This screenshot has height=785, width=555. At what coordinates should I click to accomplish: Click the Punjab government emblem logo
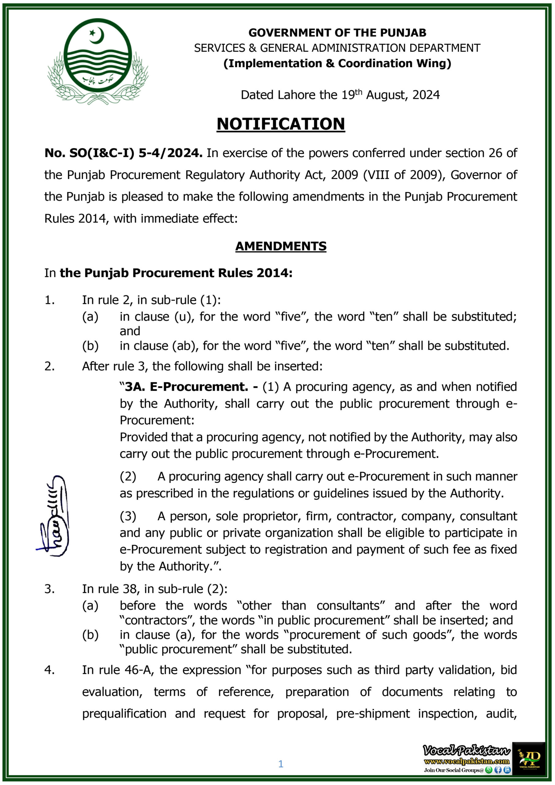(x=98, y=62)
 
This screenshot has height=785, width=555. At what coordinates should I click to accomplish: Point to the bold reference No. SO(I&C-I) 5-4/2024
(x=123, y=153)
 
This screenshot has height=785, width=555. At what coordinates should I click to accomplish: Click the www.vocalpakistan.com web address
(x=466, y=761)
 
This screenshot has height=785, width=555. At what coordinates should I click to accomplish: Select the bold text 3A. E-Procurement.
(x=186, y=387)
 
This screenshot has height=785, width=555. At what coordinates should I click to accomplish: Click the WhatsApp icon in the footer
(x=489, y=770)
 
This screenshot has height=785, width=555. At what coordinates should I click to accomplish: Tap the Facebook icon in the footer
(x=498, y=770)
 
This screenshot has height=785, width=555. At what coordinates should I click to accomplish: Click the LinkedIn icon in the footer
(x=507, y=770)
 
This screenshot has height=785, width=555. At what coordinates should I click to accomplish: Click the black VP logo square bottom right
(x=528, y=758)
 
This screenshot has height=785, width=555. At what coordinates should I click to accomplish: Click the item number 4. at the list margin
(x=50, y=670)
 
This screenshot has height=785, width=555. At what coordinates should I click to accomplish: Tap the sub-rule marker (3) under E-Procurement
(x=128, y=516)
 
